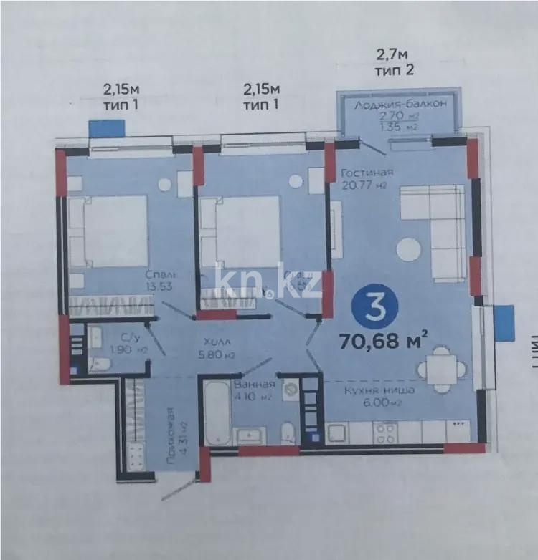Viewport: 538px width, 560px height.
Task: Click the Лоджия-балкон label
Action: pos(401,105)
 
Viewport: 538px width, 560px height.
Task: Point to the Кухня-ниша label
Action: pos(371,390)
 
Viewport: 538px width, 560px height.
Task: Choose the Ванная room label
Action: pos(250,385)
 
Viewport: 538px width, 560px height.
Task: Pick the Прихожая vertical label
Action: pos(170,435)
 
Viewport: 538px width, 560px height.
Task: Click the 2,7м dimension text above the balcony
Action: pos(392,54)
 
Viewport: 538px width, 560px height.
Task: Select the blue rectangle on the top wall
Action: pos(107,129)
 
